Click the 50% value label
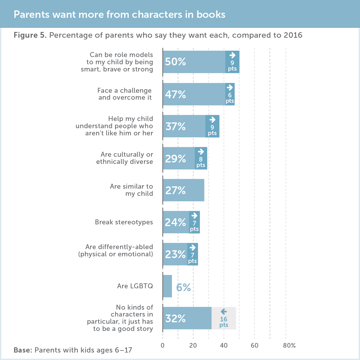pyautogui.click(x=175, y=62)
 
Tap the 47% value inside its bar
pyautogui.click(x=175, y=94)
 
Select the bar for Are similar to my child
pyautogui.click(x=183, y=190)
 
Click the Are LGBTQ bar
pyautogui.click(x=167, y=286)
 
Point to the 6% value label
pyautogui.click(x=183, y=287)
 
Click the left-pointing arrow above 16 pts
pyautogui.click(x=223, y=312)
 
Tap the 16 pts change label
pyautogui.click(x=224, y=322)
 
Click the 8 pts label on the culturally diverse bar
pyautogui.click(x=201, y=162)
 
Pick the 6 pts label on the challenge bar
pyautogui.click(x=230, y=98)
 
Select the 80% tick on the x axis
pyautogui.click(x=289, y=346)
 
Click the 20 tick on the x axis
pyautogui.click(x=193, y=346)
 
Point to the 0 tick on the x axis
pyautogui.click(x=163, y=346)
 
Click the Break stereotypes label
pyautogui.click(x=124, y=222)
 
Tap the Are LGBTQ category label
pyautogui.click(x=135, y=286)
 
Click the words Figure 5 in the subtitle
pyautogui.click(x=30, y=35)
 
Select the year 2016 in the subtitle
pyautogui.click(x=293, y=35)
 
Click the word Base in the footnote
pyautogui.click(x=23, y=350)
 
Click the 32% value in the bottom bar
pyautogui.click(x=175, y=318)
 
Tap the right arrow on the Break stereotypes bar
pyautogui.click(x=194, y=215)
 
